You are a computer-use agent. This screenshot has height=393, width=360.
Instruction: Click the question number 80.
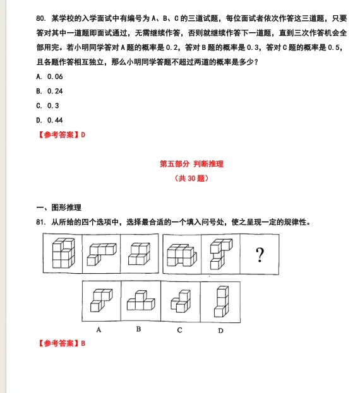(41, 17)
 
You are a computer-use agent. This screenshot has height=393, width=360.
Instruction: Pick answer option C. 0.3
(47, 105)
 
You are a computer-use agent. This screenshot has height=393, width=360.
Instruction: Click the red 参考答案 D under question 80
(61, 134)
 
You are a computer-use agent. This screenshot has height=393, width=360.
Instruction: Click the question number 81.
(41, 222)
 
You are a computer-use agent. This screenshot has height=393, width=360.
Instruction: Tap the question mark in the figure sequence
(259, 255)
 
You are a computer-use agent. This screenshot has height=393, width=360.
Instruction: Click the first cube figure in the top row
(63, 254)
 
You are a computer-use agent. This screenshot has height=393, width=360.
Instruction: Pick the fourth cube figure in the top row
(181, 254)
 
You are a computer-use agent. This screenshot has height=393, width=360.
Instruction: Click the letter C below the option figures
(180, 329)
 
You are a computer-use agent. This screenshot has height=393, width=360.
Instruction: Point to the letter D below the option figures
(220, 329)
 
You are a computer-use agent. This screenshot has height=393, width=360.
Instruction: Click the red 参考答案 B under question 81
(61, 343)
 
